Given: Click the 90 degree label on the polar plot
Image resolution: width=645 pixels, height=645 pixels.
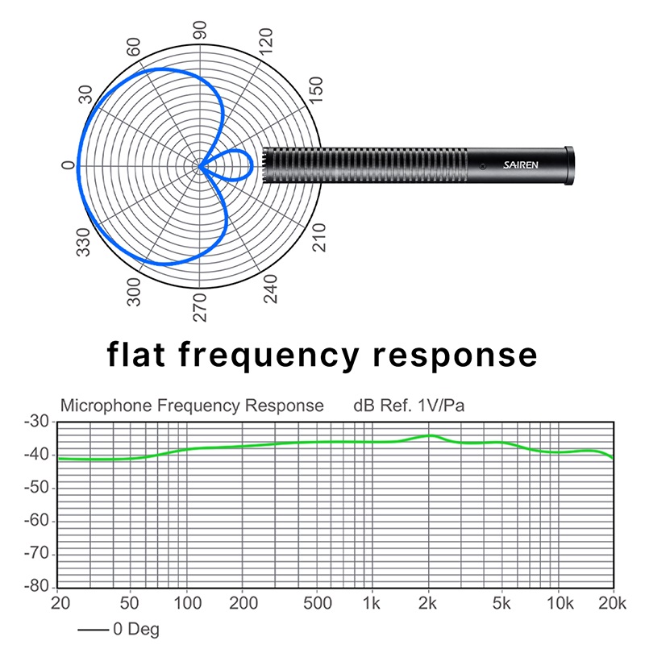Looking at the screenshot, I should (x=200, y=30).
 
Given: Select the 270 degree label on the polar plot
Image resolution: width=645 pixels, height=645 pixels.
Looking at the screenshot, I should (x=200, y=307).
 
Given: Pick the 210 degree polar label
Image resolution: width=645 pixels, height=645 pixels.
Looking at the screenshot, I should (x=319, y=239).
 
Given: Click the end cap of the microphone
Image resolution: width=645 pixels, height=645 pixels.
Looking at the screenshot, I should (x=568, y=165).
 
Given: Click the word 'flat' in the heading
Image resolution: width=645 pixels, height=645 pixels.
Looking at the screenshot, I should (x=141, y=355).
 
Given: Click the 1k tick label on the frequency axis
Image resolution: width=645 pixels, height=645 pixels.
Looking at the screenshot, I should (x=371, y=603).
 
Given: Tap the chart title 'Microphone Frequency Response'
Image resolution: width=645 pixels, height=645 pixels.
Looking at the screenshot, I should (x=193, y=405).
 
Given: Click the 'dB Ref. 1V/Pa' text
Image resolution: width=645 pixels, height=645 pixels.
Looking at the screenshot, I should (x=409, y=405).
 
